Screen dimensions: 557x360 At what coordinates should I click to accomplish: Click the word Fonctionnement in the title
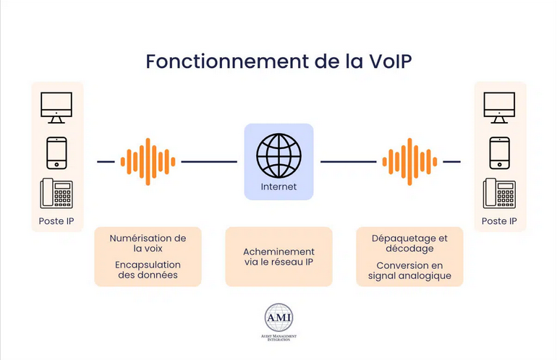click(x=227, y=61)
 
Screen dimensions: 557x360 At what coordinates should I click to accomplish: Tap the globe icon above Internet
click(x=278, y=155)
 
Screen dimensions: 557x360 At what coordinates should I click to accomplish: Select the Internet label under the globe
click(x=278, y=187)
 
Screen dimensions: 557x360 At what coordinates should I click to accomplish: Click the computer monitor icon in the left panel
click(x=56, y=108)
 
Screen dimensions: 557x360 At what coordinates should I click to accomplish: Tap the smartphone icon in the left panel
click(x=57, y=153)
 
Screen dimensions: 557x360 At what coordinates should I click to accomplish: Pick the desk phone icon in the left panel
click(x=56, y=193)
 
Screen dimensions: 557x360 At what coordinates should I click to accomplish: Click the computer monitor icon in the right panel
click(x=499, y=108)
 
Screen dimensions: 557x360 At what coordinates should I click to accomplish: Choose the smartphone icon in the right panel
click(x=499, y=153)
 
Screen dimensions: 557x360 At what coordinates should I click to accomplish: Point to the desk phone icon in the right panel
click(x=499, y=193)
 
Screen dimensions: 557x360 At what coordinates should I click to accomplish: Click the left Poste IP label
click(x=56, y=221)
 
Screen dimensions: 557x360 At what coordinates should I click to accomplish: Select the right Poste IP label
click(x=499, y=221)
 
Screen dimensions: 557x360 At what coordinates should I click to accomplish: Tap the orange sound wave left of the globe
click(x=148, y=161)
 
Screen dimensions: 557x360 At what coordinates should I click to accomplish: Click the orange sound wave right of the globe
click(x=409, y=161)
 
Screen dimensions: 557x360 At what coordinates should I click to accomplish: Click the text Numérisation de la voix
click(x=148, y=243)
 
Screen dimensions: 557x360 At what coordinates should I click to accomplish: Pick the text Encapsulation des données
click(x=148, y=270)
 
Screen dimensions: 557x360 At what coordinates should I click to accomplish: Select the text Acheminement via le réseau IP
click(x=278, y=257)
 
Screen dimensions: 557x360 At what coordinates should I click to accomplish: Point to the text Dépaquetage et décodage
click(x=409, y=243)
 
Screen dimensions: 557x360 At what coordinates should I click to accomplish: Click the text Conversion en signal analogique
click(x=409, y=270)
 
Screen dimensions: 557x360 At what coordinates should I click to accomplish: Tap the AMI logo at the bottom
click(x=278, y=322)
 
